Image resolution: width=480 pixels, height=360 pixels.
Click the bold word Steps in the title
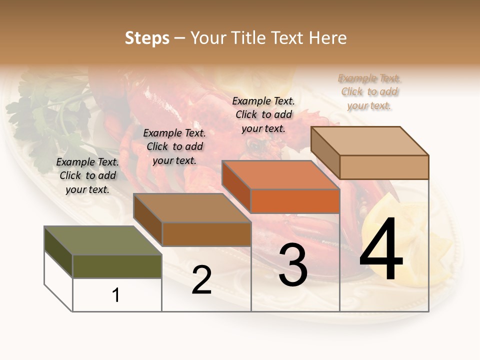(147, 38)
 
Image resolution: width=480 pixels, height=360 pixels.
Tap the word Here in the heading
(327, 38)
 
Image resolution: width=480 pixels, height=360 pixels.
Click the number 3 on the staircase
(293, 265)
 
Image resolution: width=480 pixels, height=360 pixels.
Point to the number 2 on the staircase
(201, 280)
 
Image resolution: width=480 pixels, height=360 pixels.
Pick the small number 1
(116, 295)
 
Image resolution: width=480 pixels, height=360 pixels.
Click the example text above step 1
(87, 175)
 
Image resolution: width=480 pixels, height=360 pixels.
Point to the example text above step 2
(174, 146)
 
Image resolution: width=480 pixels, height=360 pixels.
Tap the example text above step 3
(263, 114)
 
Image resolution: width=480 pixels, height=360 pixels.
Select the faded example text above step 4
(369, 91)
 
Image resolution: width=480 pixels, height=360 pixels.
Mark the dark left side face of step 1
(58, 252)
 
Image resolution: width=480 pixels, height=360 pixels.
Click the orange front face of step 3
(295, 201)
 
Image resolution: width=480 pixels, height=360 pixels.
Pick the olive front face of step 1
(117, 266)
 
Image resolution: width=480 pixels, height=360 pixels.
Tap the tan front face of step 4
(384, 167)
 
